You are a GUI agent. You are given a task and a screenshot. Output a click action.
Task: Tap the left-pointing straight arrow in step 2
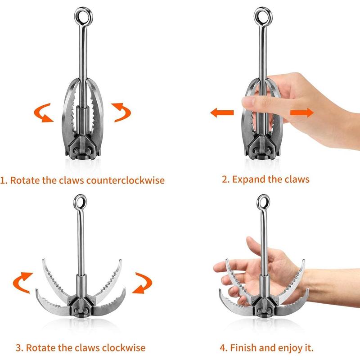coord(222,112)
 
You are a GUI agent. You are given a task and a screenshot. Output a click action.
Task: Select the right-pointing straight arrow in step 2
coord(301,112)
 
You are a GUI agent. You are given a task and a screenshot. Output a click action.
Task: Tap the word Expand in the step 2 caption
coord(248,179)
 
